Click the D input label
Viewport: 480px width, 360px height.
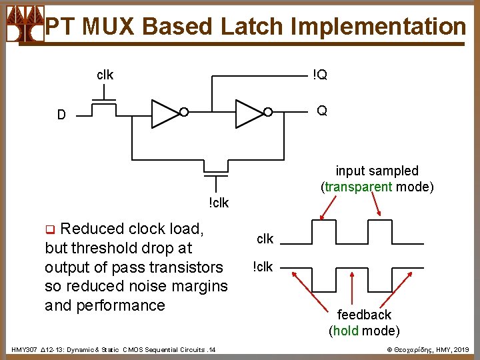pyautogui.click(x=61, y=115)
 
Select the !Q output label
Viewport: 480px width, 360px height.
pyautogui.click(x=321, y=75)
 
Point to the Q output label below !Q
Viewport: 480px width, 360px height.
pyautogui.click(x=322, y=111)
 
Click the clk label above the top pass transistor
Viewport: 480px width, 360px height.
pyautogui.click(x=105, y=75)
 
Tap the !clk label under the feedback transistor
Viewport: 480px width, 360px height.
pyautogui.click(x=218, y=203)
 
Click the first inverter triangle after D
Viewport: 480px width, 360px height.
pyautogui.click(x=163, y=113)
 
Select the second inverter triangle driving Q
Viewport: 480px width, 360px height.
pyautogui.click(x=248, y=113)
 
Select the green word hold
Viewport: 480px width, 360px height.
pyautogui.click(x=347, y=331)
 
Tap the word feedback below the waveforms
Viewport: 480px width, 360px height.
pyautogui.click(x=364, y=314)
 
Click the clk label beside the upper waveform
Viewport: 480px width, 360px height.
pyautogui.click(x=265, y=238)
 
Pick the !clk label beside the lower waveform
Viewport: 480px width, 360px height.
pyautogui.click(x=263, y=267)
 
